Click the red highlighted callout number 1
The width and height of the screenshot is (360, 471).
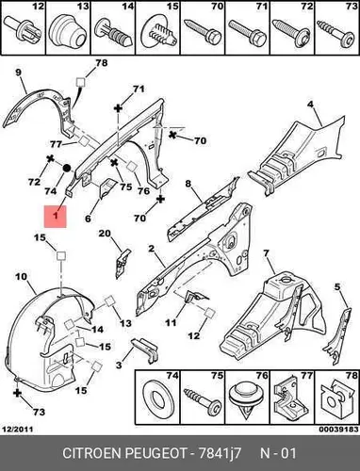[56, 216]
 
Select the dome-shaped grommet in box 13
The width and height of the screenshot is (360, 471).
[68, 31]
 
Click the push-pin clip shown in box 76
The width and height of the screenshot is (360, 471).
[247, 401]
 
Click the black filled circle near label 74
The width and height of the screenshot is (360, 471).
[67, 169]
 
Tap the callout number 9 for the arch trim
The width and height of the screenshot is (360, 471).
[19, 73]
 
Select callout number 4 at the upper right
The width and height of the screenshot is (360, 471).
[311, 105]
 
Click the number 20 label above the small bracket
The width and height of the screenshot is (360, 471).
[105, 234]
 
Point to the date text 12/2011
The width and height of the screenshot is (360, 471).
[18, 429]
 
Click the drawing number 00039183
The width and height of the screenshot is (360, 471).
[339, 429]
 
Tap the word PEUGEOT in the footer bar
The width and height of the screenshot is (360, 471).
[156, 453]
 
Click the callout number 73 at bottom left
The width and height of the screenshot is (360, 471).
[39, 412]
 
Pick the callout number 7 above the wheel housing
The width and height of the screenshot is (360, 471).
[266, 252]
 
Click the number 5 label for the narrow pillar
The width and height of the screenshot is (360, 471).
[337, 286]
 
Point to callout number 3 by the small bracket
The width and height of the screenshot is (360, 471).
[119, 365]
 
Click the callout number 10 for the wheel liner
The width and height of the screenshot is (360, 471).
[21, 277]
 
